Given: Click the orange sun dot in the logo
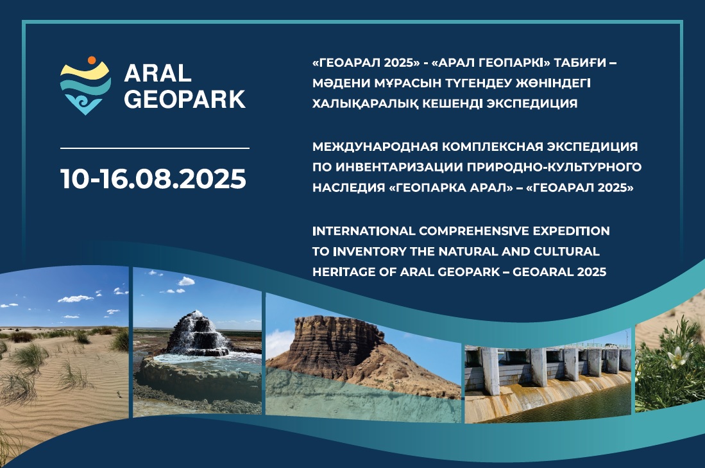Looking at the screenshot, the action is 92,60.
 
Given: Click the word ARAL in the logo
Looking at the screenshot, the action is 158,73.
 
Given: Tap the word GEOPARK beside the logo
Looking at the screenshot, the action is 185,100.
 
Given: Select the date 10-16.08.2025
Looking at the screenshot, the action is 153,178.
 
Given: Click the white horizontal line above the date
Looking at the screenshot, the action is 155,148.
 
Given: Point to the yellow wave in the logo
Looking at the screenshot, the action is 85,71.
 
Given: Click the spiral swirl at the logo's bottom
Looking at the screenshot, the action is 85,103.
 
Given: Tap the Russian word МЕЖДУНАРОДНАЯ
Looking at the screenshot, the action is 375,147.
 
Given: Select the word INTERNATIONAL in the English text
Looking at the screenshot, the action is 364,231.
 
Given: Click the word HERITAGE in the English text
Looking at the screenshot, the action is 338,272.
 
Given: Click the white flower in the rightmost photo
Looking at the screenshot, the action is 677,358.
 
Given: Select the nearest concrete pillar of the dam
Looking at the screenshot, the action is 489,371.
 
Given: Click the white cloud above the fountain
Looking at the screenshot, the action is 186,281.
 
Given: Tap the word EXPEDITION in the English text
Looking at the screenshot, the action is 571,231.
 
